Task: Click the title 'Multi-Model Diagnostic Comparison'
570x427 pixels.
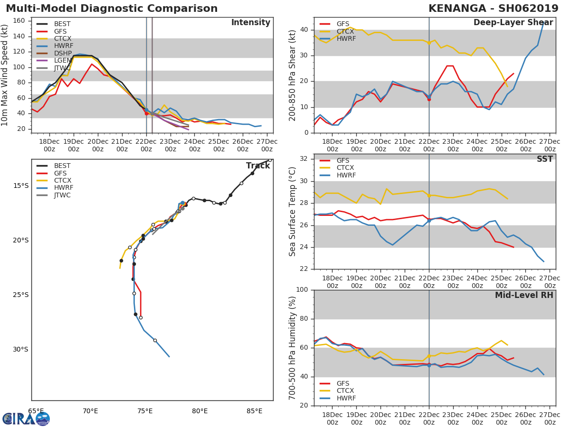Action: pyautogui.click(x=112, y=9)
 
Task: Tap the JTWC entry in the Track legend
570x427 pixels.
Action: pyautogui.click(x=62, y=195)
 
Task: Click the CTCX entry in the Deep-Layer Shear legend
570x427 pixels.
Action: pyautogui.click(x=345, y=31)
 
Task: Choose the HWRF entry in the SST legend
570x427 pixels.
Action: pyautogui.click(x=346, y=175)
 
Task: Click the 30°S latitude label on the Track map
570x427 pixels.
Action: pyautogui.click(x=21, y=350)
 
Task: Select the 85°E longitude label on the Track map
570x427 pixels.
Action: pyautogui.click(x=255, y=411)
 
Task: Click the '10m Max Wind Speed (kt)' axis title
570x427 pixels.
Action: pyautogui.click(x=6, y=75)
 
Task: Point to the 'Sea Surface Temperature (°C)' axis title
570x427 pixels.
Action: pyautogui.click(x=293, y=212)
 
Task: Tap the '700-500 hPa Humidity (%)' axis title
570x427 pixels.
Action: pyautogui.click(x=293, y=347)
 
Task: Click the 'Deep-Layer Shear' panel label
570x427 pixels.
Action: pyautogui.click(x=513, y=23)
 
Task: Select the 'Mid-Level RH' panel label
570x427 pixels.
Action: pyautogui.click(x=524, y=295)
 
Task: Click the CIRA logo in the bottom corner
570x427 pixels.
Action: pyautogui.click(x=26, y=418)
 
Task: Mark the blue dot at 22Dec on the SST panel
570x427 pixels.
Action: pyautogui.click(x=429, y=221)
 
